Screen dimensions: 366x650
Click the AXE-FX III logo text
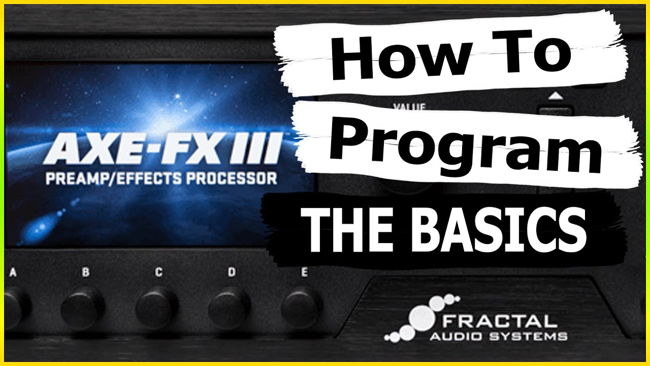pos(162,149)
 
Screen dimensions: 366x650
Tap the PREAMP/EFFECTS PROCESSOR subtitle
pos(161,179)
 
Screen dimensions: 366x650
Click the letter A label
pos(13,273)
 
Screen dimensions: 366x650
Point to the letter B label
pos(85,272)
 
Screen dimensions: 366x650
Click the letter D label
pos(232,272)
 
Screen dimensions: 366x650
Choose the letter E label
pos(304,272)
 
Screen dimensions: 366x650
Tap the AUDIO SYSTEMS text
pos(498,336)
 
